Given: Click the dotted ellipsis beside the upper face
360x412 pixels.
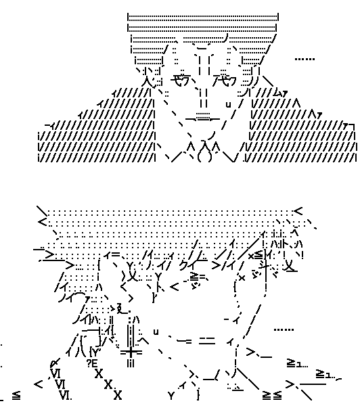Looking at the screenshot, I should tap(305, 60).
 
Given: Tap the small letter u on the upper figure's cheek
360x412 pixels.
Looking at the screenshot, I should tap(228, 104).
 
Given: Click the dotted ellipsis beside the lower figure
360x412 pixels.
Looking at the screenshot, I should tap(284, 330).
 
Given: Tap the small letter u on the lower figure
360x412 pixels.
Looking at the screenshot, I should tap(156, 331).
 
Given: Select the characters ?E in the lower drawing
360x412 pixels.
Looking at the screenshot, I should tap(93, 363).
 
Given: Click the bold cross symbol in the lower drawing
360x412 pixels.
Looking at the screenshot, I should tap(131, 352).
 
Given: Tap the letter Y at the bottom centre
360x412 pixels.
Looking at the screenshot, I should tap(171, 394).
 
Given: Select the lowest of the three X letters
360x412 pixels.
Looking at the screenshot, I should tap(117, 394).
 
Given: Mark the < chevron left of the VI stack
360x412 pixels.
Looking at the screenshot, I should tap(39, 384).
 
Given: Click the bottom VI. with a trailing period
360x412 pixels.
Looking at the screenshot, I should tap(66, 395).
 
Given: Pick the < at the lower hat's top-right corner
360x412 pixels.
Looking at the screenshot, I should tap(299, 211).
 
